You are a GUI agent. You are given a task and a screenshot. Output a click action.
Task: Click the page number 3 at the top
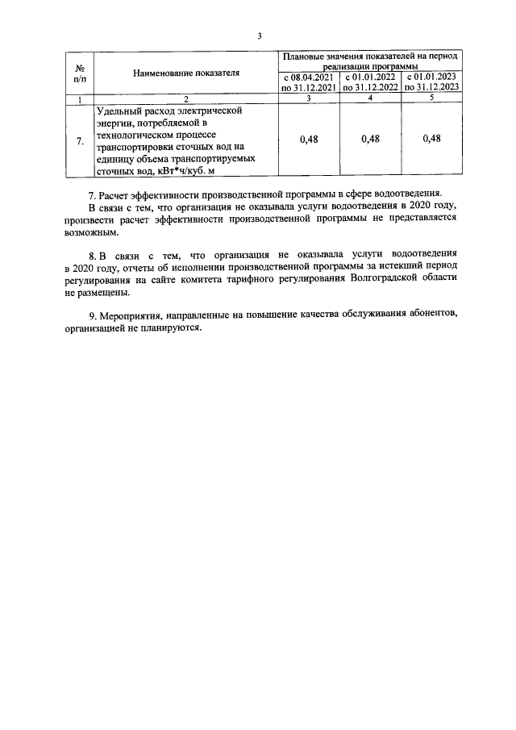tap(259, 35)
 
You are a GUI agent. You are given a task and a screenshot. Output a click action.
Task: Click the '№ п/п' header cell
tap(79, 73)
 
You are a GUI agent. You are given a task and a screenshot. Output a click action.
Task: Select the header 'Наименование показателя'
tap(185, 73)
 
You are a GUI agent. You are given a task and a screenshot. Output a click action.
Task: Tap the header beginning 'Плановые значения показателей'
tap(370, 60)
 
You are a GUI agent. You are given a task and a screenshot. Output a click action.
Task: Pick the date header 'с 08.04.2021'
tap(308, 77)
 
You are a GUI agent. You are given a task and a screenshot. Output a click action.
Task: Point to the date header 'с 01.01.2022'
tap(370, 77)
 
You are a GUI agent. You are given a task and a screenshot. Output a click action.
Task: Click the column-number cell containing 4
tap(370, 98)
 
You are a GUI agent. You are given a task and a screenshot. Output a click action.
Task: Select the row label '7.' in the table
tap(79, 141)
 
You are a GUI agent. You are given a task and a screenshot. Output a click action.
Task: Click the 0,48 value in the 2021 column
tap(308, 139)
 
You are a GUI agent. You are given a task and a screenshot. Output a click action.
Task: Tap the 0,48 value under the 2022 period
tap(370, 139)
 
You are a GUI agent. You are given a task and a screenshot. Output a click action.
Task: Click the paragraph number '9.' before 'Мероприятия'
tap(93, 315)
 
